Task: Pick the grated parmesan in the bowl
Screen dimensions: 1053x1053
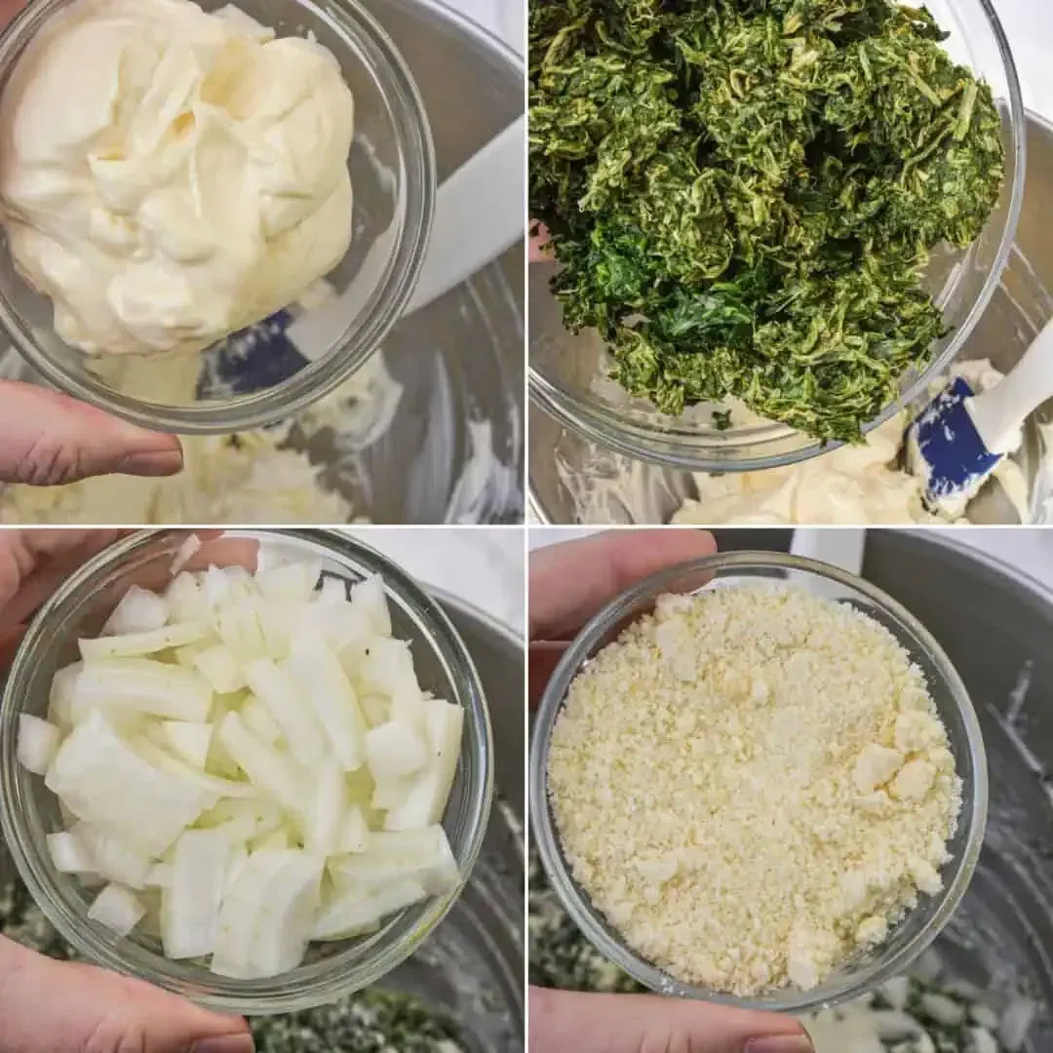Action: point(751,780)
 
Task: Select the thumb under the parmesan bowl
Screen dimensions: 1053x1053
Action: point(663,1024)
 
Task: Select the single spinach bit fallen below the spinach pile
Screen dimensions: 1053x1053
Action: point(721,419)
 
